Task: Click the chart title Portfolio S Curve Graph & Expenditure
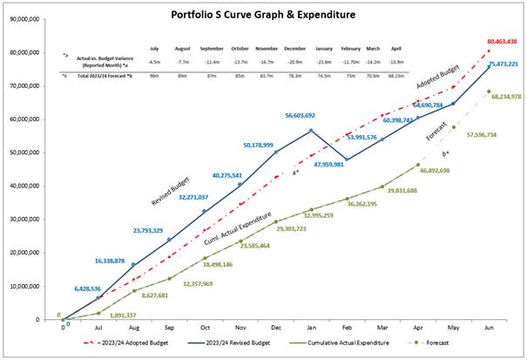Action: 263,17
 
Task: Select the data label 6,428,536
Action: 74,288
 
